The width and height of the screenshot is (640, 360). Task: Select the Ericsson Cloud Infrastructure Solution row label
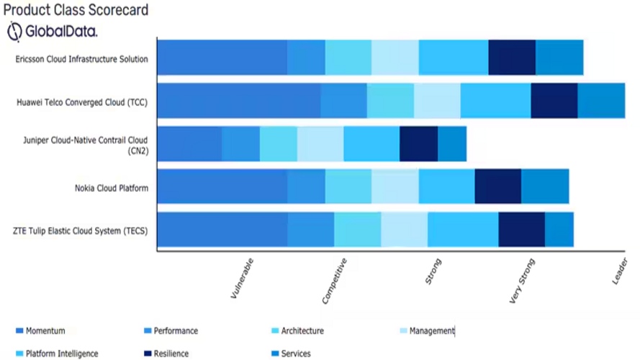pos(81,59)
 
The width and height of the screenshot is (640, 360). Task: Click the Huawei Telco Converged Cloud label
pos(82,102)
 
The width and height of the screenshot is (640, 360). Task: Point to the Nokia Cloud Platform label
pos(112,189)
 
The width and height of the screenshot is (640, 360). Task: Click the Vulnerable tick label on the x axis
pos(242,279)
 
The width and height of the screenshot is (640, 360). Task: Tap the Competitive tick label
pos(335,282)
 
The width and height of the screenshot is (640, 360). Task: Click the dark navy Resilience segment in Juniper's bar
pos(418,143)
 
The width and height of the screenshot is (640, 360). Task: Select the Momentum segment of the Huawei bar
pos(238,101)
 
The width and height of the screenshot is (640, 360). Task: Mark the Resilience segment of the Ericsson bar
pos(512,58)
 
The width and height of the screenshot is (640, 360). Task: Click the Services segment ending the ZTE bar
pos(559,230)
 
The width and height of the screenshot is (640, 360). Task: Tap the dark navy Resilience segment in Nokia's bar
pos(497,186)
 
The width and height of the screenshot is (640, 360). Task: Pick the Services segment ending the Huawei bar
pos(601,101)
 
